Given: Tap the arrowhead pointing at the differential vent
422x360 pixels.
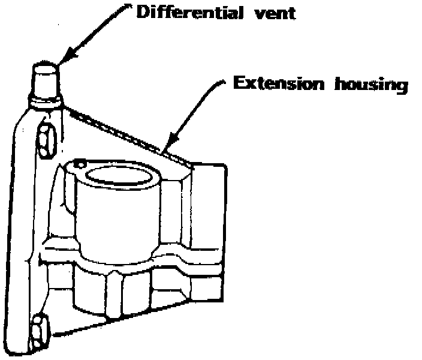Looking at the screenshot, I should coord(64,56).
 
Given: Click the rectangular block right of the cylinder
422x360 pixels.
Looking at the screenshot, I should coord(207,204).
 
